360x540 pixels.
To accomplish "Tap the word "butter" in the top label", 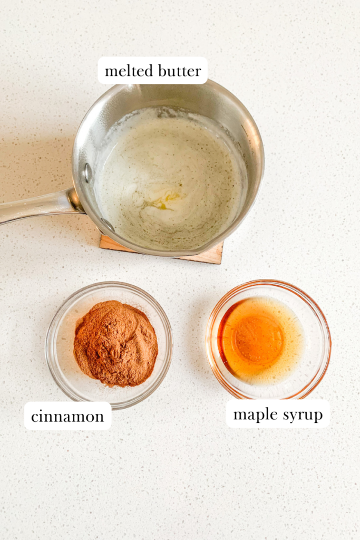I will coord(179,71).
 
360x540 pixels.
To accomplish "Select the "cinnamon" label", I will coord(67,417).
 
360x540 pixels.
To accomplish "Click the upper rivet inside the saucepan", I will coord(88,172).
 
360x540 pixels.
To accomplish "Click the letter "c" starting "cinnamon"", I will coord(34,417).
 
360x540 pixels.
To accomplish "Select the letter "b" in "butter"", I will coord(160,71).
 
